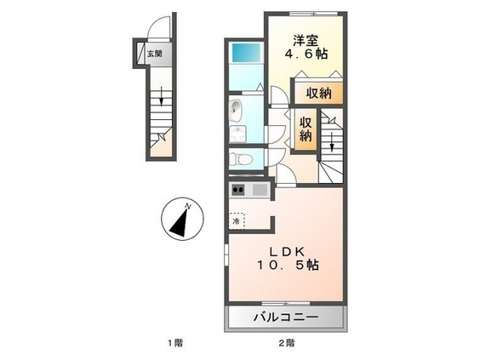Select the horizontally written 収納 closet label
[320, 93]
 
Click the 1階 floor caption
[174, 343]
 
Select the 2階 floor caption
[287, 343]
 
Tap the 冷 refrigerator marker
[237, 220]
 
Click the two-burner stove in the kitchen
[237, 189]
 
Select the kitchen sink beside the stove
[258, 189]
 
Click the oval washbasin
[237, 110]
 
